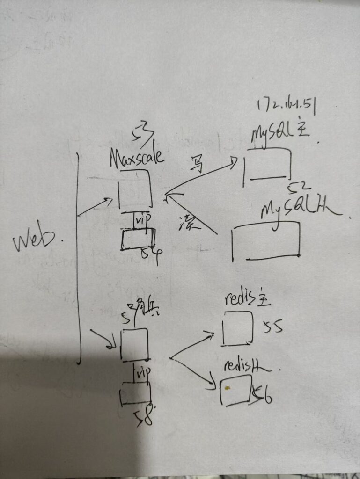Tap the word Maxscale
tap(137, 157)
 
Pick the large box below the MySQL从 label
tap(266, 241)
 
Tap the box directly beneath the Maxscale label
tap(135, 189)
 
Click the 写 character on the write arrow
tap(197, 165)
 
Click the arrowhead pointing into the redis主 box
tap(211, 334)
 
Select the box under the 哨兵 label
tap(135, 345)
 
